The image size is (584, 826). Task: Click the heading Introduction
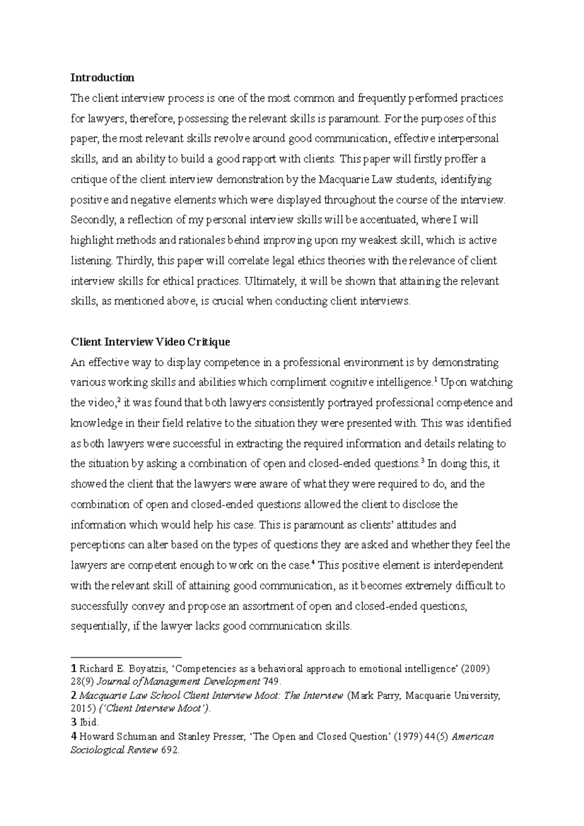click(102, 78)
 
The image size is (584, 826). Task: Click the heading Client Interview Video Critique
click(150, 342)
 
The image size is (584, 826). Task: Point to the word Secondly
click(91, 220)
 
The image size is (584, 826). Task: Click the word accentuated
click(384, 220)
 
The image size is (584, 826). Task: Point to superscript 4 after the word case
click(313, 563)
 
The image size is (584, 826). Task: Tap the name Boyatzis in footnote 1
click(148, 669)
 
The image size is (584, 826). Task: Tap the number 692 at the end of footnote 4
click(169, 750)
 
